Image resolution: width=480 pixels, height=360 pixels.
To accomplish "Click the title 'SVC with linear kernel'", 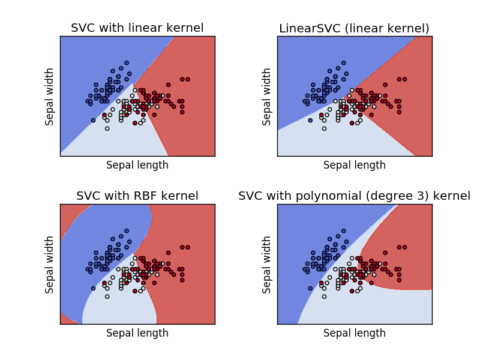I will [x=137, y=28].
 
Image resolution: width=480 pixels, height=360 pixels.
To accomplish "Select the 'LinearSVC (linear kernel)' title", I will [x=354, y=28].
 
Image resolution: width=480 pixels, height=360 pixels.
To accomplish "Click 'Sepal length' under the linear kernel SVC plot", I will [x=137, y=165].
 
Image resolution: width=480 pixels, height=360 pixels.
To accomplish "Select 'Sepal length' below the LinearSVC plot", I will [x=354, y=165].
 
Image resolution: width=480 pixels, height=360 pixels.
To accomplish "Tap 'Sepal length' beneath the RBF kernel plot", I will [x=137, y=333].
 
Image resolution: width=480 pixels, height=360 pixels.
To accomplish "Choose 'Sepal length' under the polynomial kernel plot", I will [x=354, y=333].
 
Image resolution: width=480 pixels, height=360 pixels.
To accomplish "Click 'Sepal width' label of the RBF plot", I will [x=50, y=265].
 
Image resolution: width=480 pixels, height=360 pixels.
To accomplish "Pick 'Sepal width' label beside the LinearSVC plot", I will [x=267, y=97].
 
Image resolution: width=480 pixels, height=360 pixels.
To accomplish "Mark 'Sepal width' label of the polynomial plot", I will [x=267, y=265].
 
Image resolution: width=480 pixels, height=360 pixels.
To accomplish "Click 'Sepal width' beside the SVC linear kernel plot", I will [x=50, y=97].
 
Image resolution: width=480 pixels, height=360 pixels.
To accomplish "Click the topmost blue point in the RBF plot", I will [x=127, y=230].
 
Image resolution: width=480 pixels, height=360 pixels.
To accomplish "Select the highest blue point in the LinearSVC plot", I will [x=344, y=62].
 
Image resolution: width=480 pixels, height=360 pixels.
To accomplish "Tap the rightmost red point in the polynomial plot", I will [x=405, y=247].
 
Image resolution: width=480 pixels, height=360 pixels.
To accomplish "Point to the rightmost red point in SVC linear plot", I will [x=188, y=79].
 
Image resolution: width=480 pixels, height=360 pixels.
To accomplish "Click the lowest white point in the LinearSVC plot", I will [x=325, y=128].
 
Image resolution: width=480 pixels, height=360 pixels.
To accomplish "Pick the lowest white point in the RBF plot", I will [x=107, y=296].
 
